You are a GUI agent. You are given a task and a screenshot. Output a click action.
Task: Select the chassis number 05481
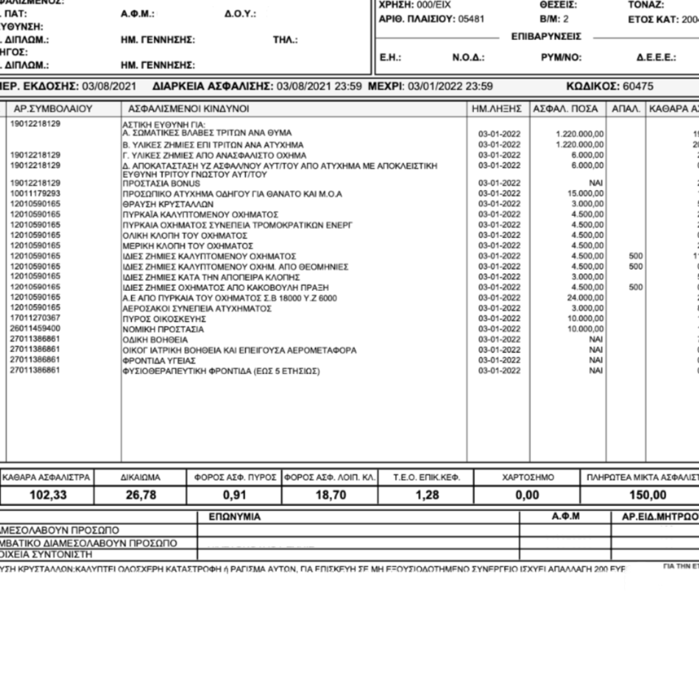[471, 19]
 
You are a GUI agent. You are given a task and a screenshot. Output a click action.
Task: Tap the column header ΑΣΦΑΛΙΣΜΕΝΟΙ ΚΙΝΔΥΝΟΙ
[188, 109]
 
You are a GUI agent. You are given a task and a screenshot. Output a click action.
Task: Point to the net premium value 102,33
[48, 495]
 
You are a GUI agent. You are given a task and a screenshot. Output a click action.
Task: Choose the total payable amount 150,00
[648, 495]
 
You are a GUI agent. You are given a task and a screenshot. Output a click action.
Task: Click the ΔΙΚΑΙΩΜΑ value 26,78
[141, 495]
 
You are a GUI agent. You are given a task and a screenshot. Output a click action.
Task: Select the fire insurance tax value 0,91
[234, 495]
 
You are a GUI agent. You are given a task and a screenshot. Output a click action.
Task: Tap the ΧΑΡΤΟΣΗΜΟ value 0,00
[527, 495]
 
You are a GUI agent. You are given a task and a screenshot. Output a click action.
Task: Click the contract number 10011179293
[35, 194]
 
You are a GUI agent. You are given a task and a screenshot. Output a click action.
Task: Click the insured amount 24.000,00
[585, 298]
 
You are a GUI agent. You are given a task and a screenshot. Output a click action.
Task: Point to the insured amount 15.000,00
[585, 194]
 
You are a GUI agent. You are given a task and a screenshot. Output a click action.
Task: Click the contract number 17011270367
[35, 318]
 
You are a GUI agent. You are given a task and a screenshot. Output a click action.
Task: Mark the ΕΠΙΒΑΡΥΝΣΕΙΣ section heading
[546, 37]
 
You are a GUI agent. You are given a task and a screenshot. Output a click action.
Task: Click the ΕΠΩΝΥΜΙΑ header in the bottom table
[234, 517]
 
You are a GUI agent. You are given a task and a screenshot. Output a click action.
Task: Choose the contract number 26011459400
[35, 329]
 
